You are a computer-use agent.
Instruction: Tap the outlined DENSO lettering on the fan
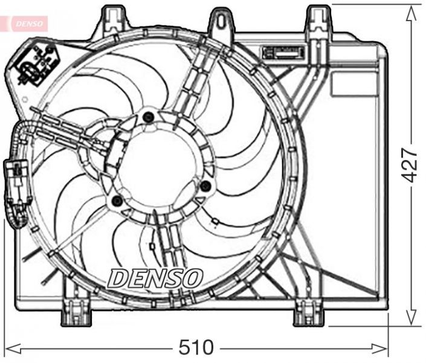(x=155, y=277)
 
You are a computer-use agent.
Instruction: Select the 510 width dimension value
(x=196, y=347)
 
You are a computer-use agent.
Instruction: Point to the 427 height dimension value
(x=410, y=164)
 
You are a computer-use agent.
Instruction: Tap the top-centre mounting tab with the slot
(x=221, y=22)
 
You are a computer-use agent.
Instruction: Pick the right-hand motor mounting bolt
(x=205, y=185)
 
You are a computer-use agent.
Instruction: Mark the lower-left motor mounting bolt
(x=117, y=201)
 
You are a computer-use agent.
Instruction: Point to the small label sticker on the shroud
(x=283, y=53)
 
